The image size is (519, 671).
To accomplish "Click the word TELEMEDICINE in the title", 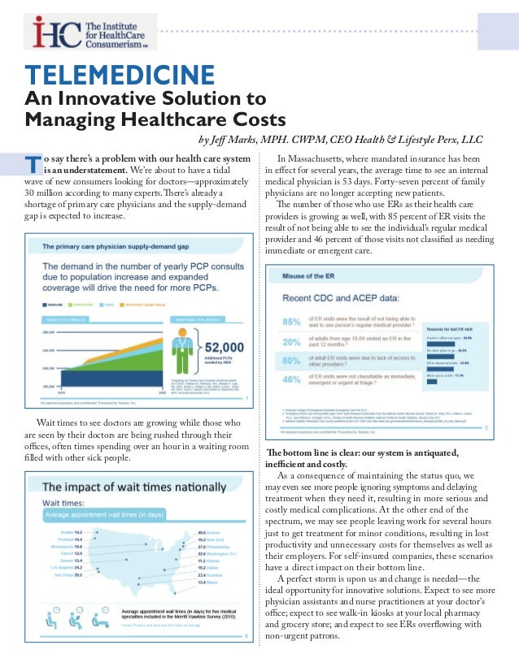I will [120, 76].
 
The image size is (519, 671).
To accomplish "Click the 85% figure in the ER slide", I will [291, 323].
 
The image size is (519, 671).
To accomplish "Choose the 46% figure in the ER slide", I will [291, 379].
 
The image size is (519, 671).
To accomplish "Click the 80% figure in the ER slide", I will [291, 361].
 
